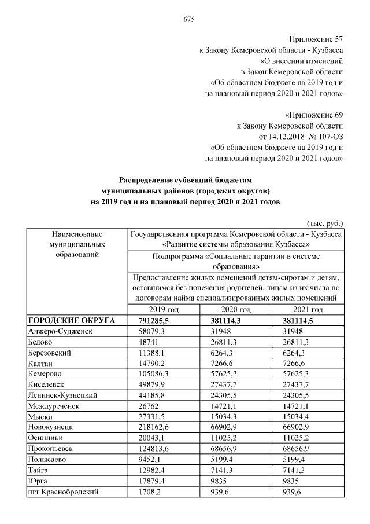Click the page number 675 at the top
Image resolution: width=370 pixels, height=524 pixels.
tap(188, 19)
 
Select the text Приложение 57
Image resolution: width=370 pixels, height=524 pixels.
tap(317, 39)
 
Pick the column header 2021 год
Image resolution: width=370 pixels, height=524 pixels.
tap(307, 310)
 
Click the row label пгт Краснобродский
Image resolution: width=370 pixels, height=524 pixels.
tap(62, 492)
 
